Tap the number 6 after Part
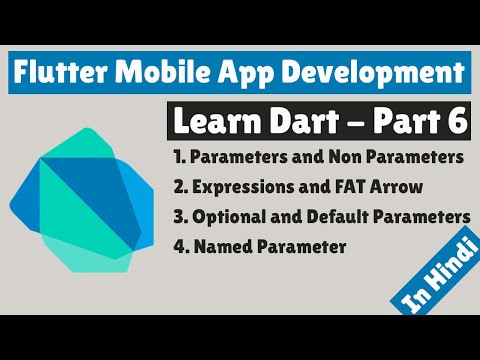(x=454, y=121)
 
